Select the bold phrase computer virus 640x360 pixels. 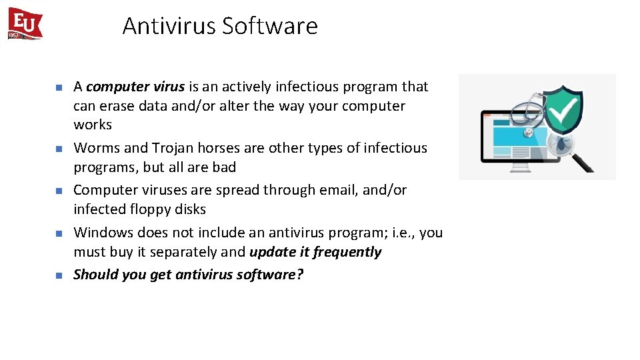point(135,87)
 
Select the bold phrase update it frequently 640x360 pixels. point(315,252)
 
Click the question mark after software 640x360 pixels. point(299,275)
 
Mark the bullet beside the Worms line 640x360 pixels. point(58,149)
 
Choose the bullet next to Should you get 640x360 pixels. point(58,275)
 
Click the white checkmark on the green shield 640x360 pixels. point(564,112)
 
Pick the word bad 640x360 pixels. point(224,167)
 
